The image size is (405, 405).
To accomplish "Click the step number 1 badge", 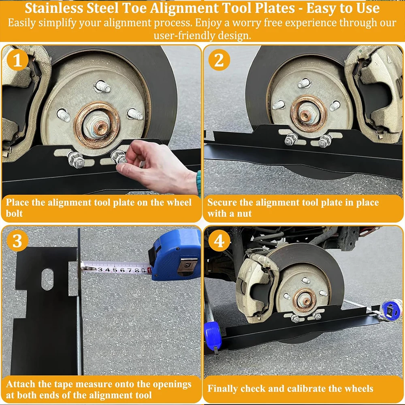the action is pos(17,60).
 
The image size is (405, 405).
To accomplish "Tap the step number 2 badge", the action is pos(219,60).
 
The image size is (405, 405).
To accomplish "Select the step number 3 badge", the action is pos(17,241).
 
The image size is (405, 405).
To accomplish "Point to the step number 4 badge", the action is pos(219,241).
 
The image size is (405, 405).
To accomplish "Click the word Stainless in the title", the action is pos(54,8).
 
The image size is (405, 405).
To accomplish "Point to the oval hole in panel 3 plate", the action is pos(47,279).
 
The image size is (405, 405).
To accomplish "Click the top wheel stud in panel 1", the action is pos(103,86).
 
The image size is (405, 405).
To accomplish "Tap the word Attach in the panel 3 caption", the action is pos(20,384).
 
